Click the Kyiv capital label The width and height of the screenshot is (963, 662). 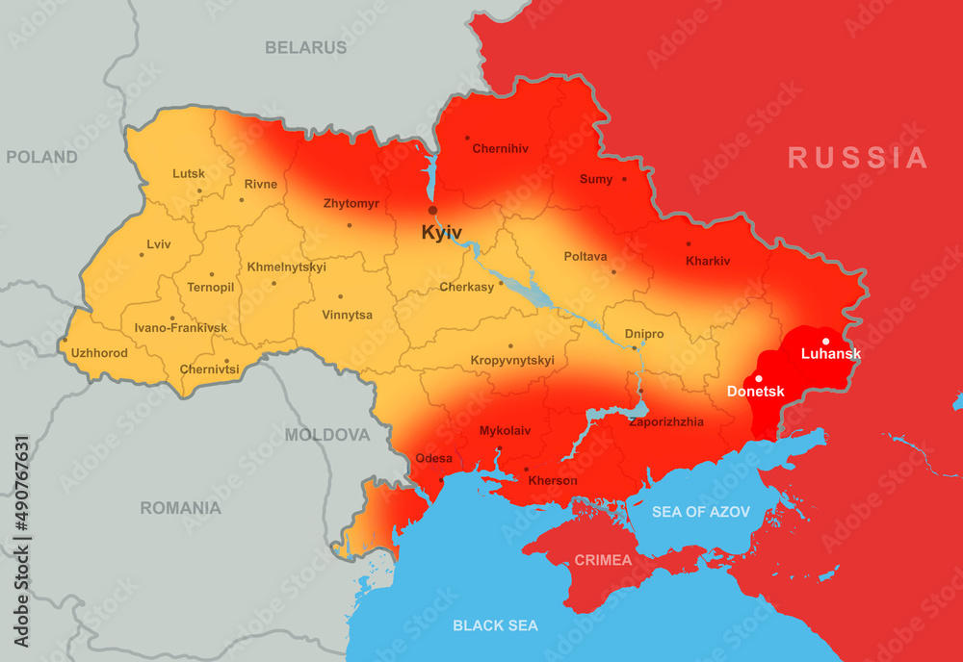coord(441,233)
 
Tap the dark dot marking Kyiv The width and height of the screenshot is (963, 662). coord(432,210)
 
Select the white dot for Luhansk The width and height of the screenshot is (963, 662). coord(825,341)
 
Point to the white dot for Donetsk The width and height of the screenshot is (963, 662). coord(759,378)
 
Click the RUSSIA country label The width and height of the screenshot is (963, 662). coord(857,158)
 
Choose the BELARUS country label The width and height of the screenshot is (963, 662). coord(305,47)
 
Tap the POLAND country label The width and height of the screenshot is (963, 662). coord(41,157)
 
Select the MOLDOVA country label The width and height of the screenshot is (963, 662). coord(326,435)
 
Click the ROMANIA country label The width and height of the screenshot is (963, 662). coord(180,508)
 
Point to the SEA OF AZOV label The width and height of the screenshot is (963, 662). coord(700,512)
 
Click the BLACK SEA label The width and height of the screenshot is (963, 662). coord(495,625)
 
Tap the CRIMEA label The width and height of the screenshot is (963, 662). coord(603,560)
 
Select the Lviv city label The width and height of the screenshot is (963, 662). coord(159,244)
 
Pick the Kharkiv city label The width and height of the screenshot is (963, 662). coord(708,261)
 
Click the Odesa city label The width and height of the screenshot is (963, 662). coord(433,458)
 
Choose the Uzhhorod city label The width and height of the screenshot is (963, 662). coord(99,353)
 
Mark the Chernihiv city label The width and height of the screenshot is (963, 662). coord(500,149)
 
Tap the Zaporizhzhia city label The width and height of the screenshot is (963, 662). coord(665,421)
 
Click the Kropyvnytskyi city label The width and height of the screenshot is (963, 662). coord(512,361)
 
